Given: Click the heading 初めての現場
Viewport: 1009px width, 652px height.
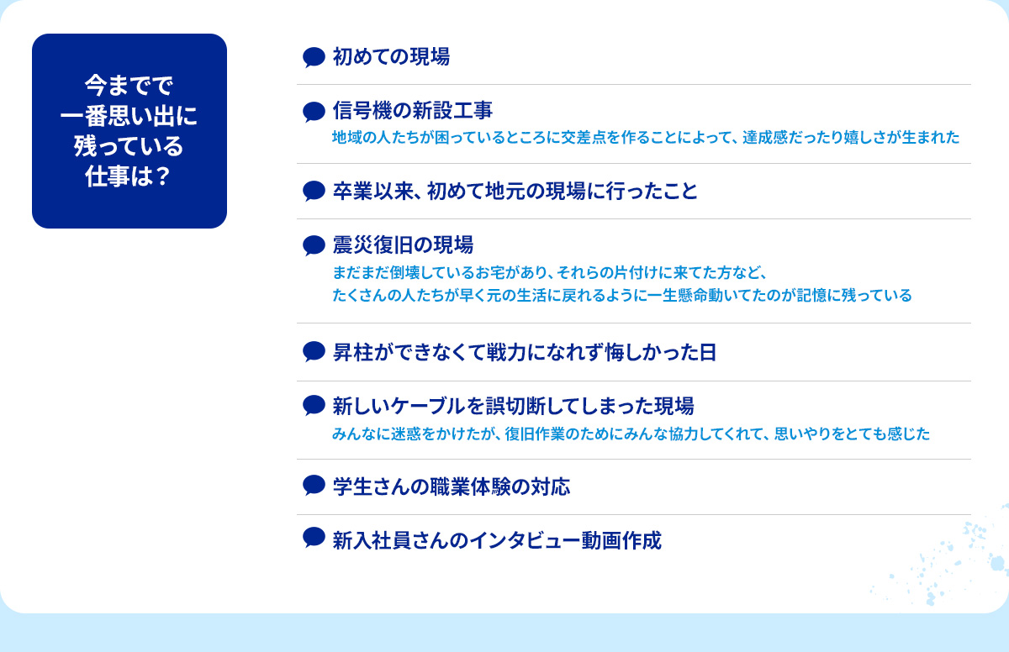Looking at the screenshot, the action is click(x=391, y=57).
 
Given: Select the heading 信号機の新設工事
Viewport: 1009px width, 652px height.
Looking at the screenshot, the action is click(x=413, y=111).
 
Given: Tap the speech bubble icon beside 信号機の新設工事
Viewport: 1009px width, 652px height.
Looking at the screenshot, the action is click(x=314, y=112).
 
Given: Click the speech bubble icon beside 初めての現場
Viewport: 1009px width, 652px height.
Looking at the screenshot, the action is click(x=314, y=58).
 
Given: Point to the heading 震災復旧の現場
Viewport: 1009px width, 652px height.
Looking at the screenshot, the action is click(x=403, y=244).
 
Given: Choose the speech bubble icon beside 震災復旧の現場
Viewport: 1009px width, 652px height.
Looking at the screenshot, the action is click(x=314, y=245).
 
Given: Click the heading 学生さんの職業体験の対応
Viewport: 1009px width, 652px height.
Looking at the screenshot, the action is click(x=452, y=486).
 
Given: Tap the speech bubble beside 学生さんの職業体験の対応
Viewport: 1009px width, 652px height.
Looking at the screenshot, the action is click(x=314, y=486).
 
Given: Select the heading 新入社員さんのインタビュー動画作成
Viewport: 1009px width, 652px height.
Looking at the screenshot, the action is click(x=497, y=540).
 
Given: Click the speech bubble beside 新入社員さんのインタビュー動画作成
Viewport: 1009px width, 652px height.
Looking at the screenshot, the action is click(x=314, y=538).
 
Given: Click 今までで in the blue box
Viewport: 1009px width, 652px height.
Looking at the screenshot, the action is click(x=129, y=86).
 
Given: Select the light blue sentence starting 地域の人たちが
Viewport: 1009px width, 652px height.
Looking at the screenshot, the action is click(x=646, y=137).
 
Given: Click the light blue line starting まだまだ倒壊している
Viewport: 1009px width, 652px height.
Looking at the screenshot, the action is click(x=550, y=272).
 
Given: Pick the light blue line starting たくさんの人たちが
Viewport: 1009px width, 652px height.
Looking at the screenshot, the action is click(x=622, y=295).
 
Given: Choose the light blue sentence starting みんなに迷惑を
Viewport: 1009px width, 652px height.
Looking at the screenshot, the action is click(x=631, y=434).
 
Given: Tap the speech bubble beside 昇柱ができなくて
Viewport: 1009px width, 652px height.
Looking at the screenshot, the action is click(x=314, y=352).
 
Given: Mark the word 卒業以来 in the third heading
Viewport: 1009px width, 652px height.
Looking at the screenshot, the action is click(x=373, y=192).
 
